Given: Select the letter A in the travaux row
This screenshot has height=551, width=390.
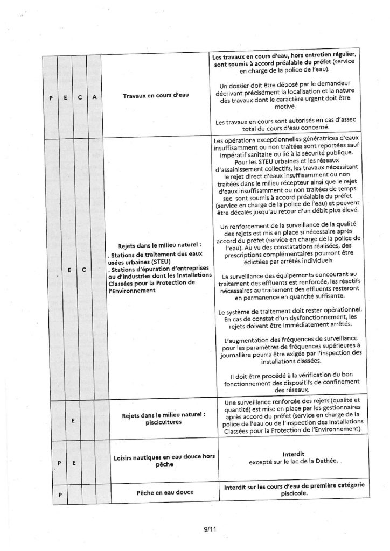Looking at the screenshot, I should (x=94, y=98).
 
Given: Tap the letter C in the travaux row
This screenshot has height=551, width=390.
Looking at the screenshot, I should (x=79, y=98).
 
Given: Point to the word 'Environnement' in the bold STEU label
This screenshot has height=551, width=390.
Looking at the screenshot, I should (x=135, y=290).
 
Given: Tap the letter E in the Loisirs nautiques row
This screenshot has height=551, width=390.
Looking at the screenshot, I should (x=72, y=462).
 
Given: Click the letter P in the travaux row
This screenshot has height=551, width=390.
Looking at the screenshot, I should (x=51, y=98).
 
